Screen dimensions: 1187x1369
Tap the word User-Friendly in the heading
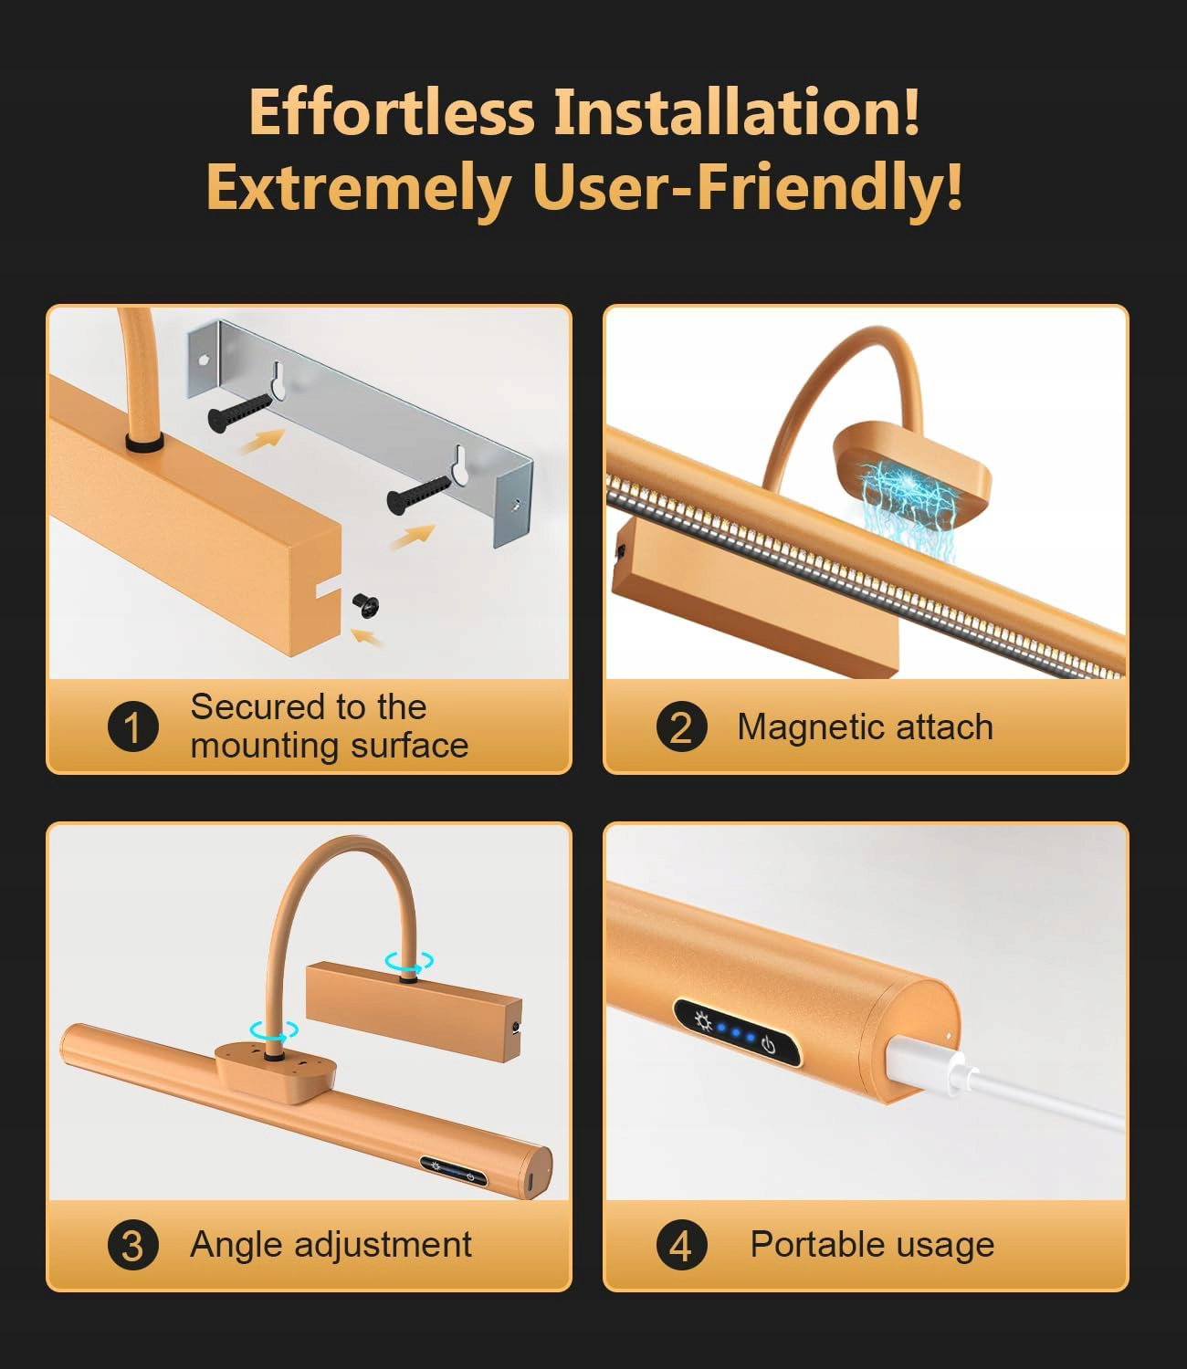[748, 188]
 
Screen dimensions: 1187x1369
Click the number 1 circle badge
[133, 726]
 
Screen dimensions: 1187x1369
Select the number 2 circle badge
[682, 726]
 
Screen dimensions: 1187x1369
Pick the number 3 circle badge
[133, 1245]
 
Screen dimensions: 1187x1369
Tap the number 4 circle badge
[682, 1245]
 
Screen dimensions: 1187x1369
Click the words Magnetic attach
[865, 727]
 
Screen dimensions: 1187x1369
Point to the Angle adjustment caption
[331, 1245]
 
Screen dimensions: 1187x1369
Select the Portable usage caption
[872, 1245]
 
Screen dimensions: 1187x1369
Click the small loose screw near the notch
[365, 604]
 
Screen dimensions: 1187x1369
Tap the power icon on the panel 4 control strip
[768, 1044]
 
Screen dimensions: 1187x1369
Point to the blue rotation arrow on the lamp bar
[274, 1030]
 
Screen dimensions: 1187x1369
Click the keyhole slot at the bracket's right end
[459, 465]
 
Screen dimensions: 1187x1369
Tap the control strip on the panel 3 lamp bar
[453, 1171]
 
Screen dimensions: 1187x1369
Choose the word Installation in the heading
[736, 112]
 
